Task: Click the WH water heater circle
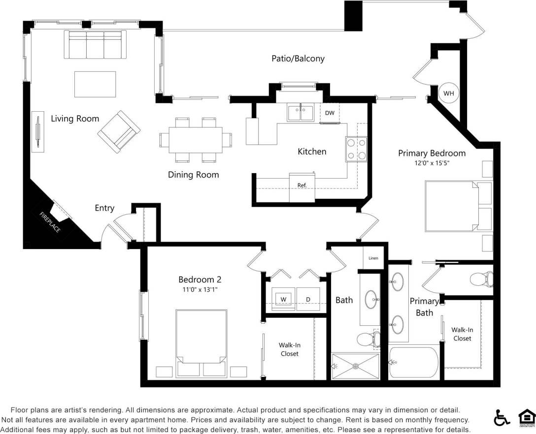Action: pyautogui.click(x=448, y=93)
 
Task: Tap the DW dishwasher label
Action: pyautogui.click(x=330, y=113)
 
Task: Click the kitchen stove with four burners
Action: pyautogui.click(x=356, y=149)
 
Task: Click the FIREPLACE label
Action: pyautogui.click(x=50, y=222)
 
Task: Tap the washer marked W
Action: pyautogui.click(x=283, y=299)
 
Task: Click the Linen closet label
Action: pyautogui.click(x=373, y=258)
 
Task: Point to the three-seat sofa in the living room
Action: pyautogui.click(x=96, y=44)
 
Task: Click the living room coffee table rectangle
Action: pyautogui.click(x=95, y=84)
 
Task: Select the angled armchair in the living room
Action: pyautogui.click(x=119, y=131)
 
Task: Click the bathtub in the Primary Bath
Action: pyautogui.click(x=414, y=363)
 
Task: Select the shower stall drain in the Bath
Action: pyautogui.click(x=355, y=367)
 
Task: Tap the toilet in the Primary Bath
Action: pyautogui.click(x=480, y=279)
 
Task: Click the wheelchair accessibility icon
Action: pyautogui.click(x=502, y=418)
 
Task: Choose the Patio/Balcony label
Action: pyautogui.click(x=298, y=59)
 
